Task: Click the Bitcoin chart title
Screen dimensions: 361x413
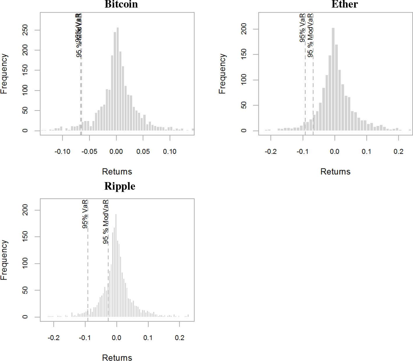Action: pyautogui.click(x=121, y=4)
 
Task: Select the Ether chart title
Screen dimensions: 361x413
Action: pyautogui.click(x=345, y=4)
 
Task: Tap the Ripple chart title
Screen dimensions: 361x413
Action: pyautogui.click(x=120, y=186)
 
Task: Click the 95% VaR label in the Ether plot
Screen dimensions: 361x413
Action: pyautogui.click(x=302, y=28)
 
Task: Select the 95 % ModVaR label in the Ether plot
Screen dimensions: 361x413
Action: pyautogui.click(x=310, y=35)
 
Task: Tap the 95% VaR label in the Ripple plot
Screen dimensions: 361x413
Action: pyautogui.click(x=85, y=214)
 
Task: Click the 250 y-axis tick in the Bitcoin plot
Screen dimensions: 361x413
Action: pyautogui.click(x=25, y=30)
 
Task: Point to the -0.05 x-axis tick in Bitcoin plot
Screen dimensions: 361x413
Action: pyautogui.click(x=89, y=152)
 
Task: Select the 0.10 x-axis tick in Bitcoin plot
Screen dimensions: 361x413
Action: pyautogui.click(x=170, y=152)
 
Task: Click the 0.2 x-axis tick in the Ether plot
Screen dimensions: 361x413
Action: pyautogui.click(x=398, y=152)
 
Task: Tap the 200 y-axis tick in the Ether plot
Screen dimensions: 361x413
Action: pyautogui.click(x=244, y=29)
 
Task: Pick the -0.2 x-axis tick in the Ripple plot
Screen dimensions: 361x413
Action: pyautogui.click(x=54, y=338)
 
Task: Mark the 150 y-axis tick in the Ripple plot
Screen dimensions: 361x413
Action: pyautogui.click(x=25, y=237)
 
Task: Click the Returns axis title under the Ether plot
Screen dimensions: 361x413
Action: pyautogui.click(x=335, y=172)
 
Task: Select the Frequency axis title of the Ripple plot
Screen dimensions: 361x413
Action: pyautogui.click(x=4, y=260)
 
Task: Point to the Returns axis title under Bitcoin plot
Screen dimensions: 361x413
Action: pyautogui.click(x=117, y=172)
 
